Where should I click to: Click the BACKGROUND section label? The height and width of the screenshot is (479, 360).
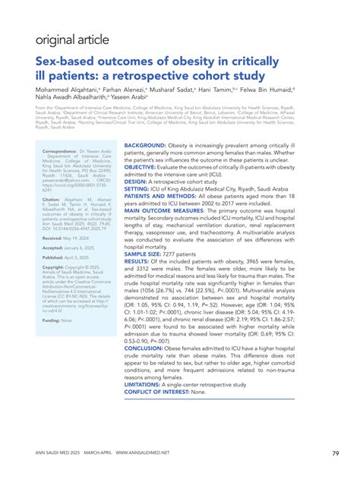150,123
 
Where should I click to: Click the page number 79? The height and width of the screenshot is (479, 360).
335,454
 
